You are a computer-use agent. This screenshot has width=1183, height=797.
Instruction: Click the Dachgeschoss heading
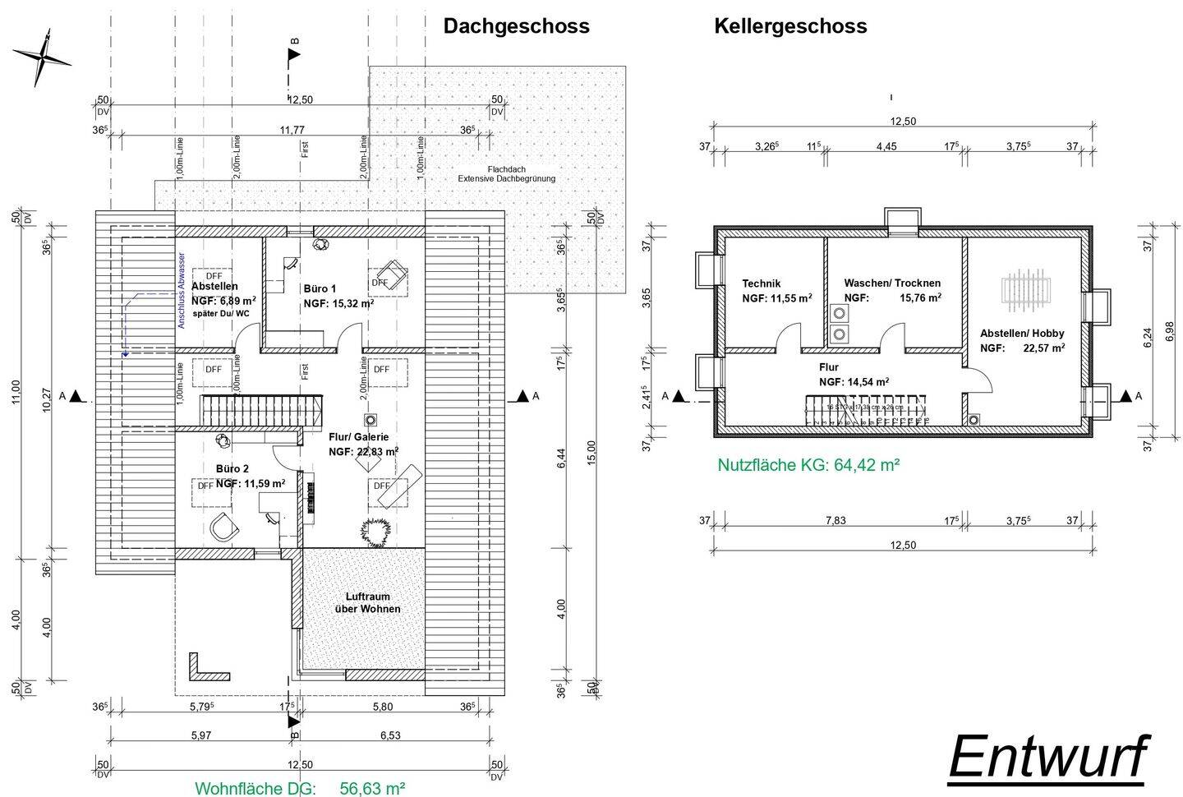pos(516,26)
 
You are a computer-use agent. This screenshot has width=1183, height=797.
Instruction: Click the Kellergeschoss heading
pos(790,26)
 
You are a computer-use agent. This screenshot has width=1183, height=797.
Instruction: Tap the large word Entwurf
pos(1048,756)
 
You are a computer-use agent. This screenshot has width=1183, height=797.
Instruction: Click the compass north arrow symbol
pos(42,57)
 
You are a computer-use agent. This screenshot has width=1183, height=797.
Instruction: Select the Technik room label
pos(761,283)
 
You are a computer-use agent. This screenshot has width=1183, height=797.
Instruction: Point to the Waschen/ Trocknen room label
pos(892,283)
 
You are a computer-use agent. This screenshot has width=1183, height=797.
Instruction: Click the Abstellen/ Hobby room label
pos(1022,334)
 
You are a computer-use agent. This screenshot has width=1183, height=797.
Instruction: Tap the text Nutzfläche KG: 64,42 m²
pos(808,465)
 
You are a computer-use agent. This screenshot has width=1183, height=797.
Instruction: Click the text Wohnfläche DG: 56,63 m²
pos(300,788)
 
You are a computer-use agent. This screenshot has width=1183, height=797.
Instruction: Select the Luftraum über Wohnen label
pos(367,602)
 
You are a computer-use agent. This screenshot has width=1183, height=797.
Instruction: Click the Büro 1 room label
pos(320,289)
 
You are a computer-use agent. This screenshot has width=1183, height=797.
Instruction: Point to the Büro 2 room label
pos(232,469)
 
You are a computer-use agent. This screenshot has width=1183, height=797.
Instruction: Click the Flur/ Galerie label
pos(358,437)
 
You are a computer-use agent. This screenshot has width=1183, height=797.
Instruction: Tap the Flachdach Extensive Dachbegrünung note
pos(506,173)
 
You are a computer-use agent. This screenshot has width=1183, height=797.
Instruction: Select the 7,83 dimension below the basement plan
pos(835,520)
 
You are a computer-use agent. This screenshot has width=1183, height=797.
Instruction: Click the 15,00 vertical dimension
pos(591,453)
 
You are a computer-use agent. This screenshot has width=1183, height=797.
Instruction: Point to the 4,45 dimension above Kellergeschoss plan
pos(886,146)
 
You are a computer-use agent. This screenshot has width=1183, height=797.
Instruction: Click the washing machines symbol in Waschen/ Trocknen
pos(840,323)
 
